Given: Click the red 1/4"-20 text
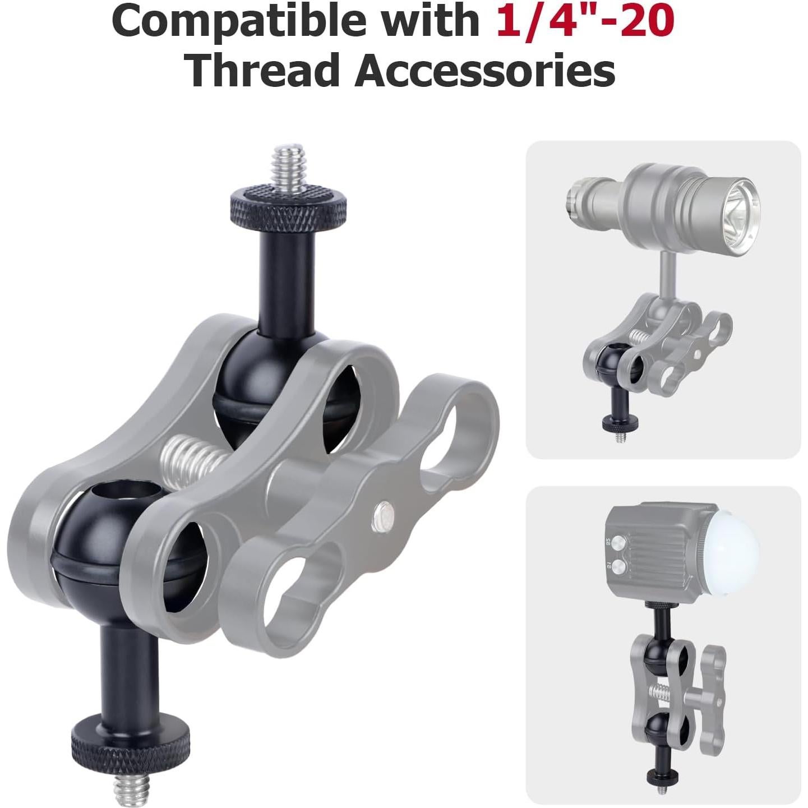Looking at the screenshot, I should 584,21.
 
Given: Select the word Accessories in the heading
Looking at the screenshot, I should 485,70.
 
